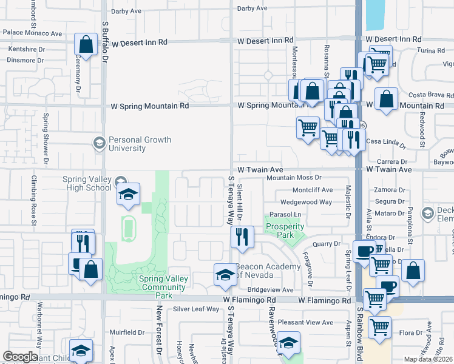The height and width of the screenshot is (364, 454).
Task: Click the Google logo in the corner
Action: pyautogui.click(x=20, y=357)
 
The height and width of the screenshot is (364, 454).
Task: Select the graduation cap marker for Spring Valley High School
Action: pyautogui.click(x=128, y=194)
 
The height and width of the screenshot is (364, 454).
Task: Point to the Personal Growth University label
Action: pyautogui.click(x=140, y=144)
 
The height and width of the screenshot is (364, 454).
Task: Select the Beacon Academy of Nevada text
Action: pyautogui.click(x=268, y=271)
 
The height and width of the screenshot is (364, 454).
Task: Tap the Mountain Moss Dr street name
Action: pyautogui.click(x=294, y=177)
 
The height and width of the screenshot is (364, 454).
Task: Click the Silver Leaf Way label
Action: pyautogui.click(x=195, y=309)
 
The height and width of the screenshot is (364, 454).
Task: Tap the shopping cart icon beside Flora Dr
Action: pyautogui.click(x=380, y=328)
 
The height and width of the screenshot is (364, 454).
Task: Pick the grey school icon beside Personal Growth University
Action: pyautogui.click(x=98, y=143)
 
